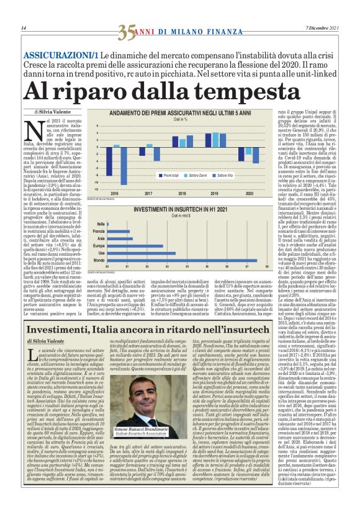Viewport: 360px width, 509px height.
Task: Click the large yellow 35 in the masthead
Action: pyautogui.click(x=127, y=29)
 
